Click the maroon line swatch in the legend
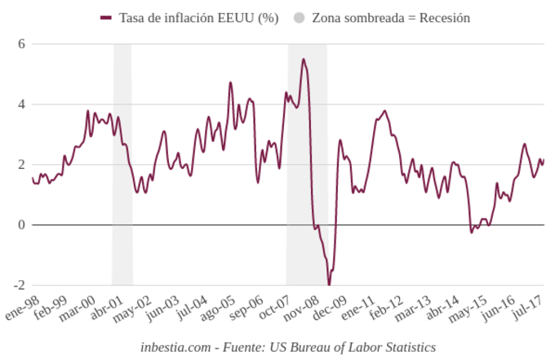[105, 17]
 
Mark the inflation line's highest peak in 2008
[304, 59]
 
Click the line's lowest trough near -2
[329, 284]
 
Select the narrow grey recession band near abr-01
[122, 163]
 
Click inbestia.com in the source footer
[172, 347]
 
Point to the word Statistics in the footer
[407, 347]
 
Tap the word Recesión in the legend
[445, 17]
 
